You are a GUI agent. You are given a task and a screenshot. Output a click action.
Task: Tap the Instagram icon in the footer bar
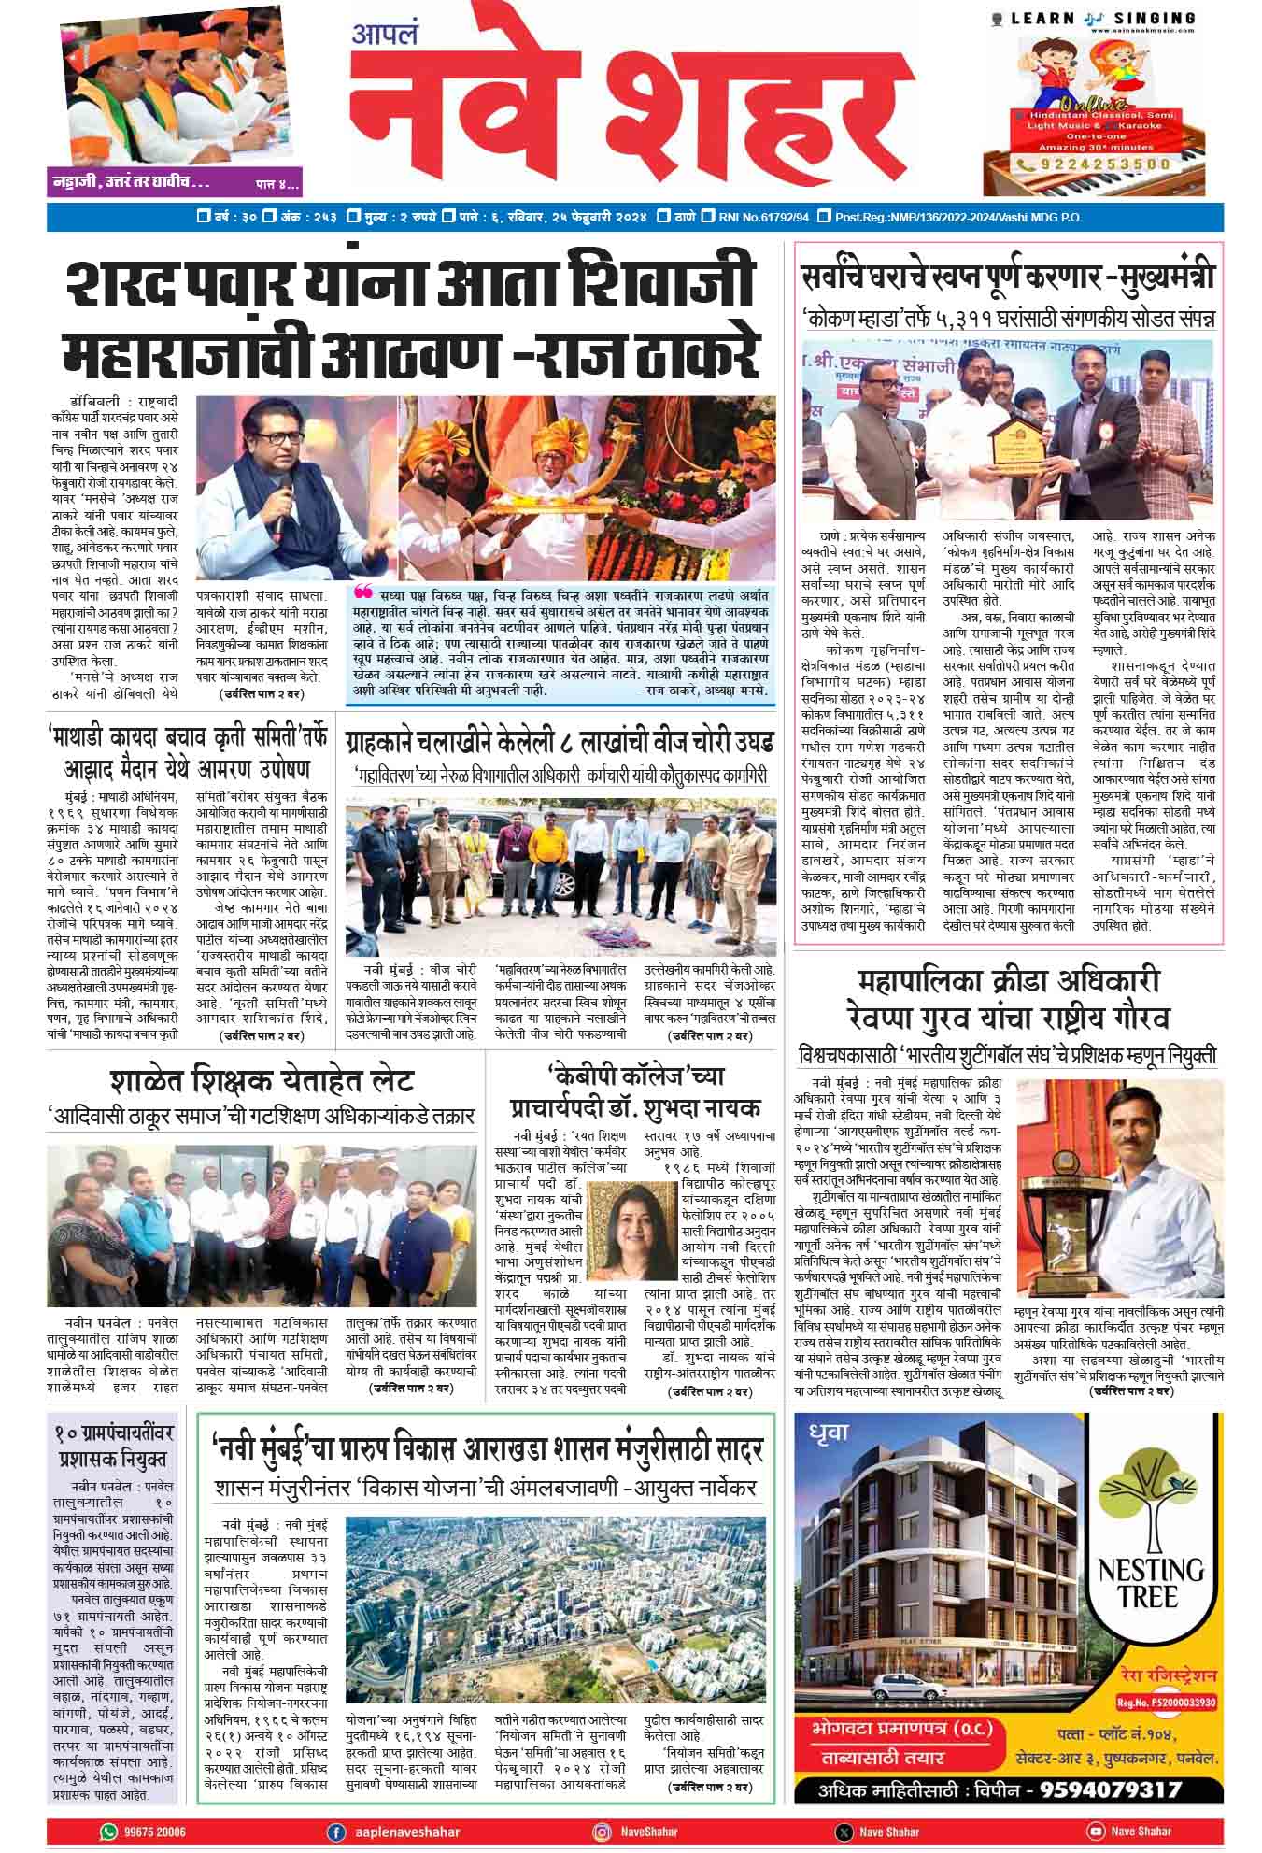[603, 1831]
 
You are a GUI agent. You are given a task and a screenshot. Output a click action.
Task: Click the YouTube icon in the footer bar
[1095, 1831]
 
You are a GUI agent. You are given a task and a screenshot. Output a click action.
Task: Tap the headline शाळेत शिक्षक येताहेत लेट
[262, 1082]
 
